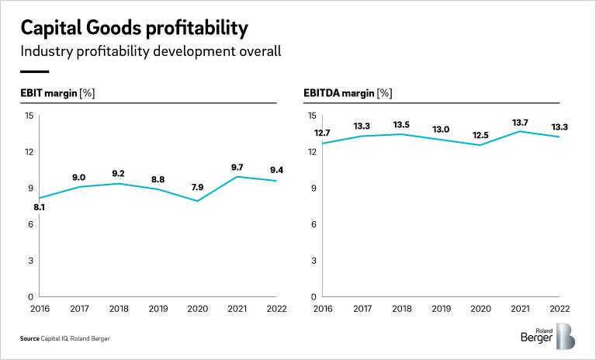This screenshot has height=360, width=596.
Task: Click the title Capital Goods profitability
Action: point(134,28)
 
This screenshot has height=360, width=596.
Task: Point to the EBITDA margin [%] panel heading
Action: point(348,94)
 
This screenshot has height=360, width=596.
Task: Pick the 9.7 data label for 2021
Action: point(237,167)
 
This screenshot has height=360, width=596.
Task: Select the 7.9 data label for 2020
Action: point(197,187)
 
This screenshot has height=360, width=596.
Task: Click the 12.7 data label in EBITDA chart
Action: point(322,133)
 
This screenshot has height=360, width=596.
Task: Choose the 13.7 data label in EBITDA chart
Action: point(520,123)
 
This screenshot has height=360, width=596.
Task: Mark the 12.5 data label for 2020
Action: point(481,135)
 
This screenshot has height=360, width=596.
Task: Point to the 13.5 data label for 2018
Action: point(401,124)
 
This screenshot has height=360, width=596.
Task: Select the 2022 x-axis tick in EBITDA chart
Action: point(560,308)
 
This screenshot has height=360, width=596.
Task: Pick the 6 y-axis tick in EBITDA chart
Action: point(313,224)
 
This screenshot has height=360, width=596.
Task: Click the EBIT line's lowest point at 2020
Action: point(197,201)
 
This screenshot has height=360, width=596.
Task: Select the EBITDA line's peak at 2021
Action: point(520,131)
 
